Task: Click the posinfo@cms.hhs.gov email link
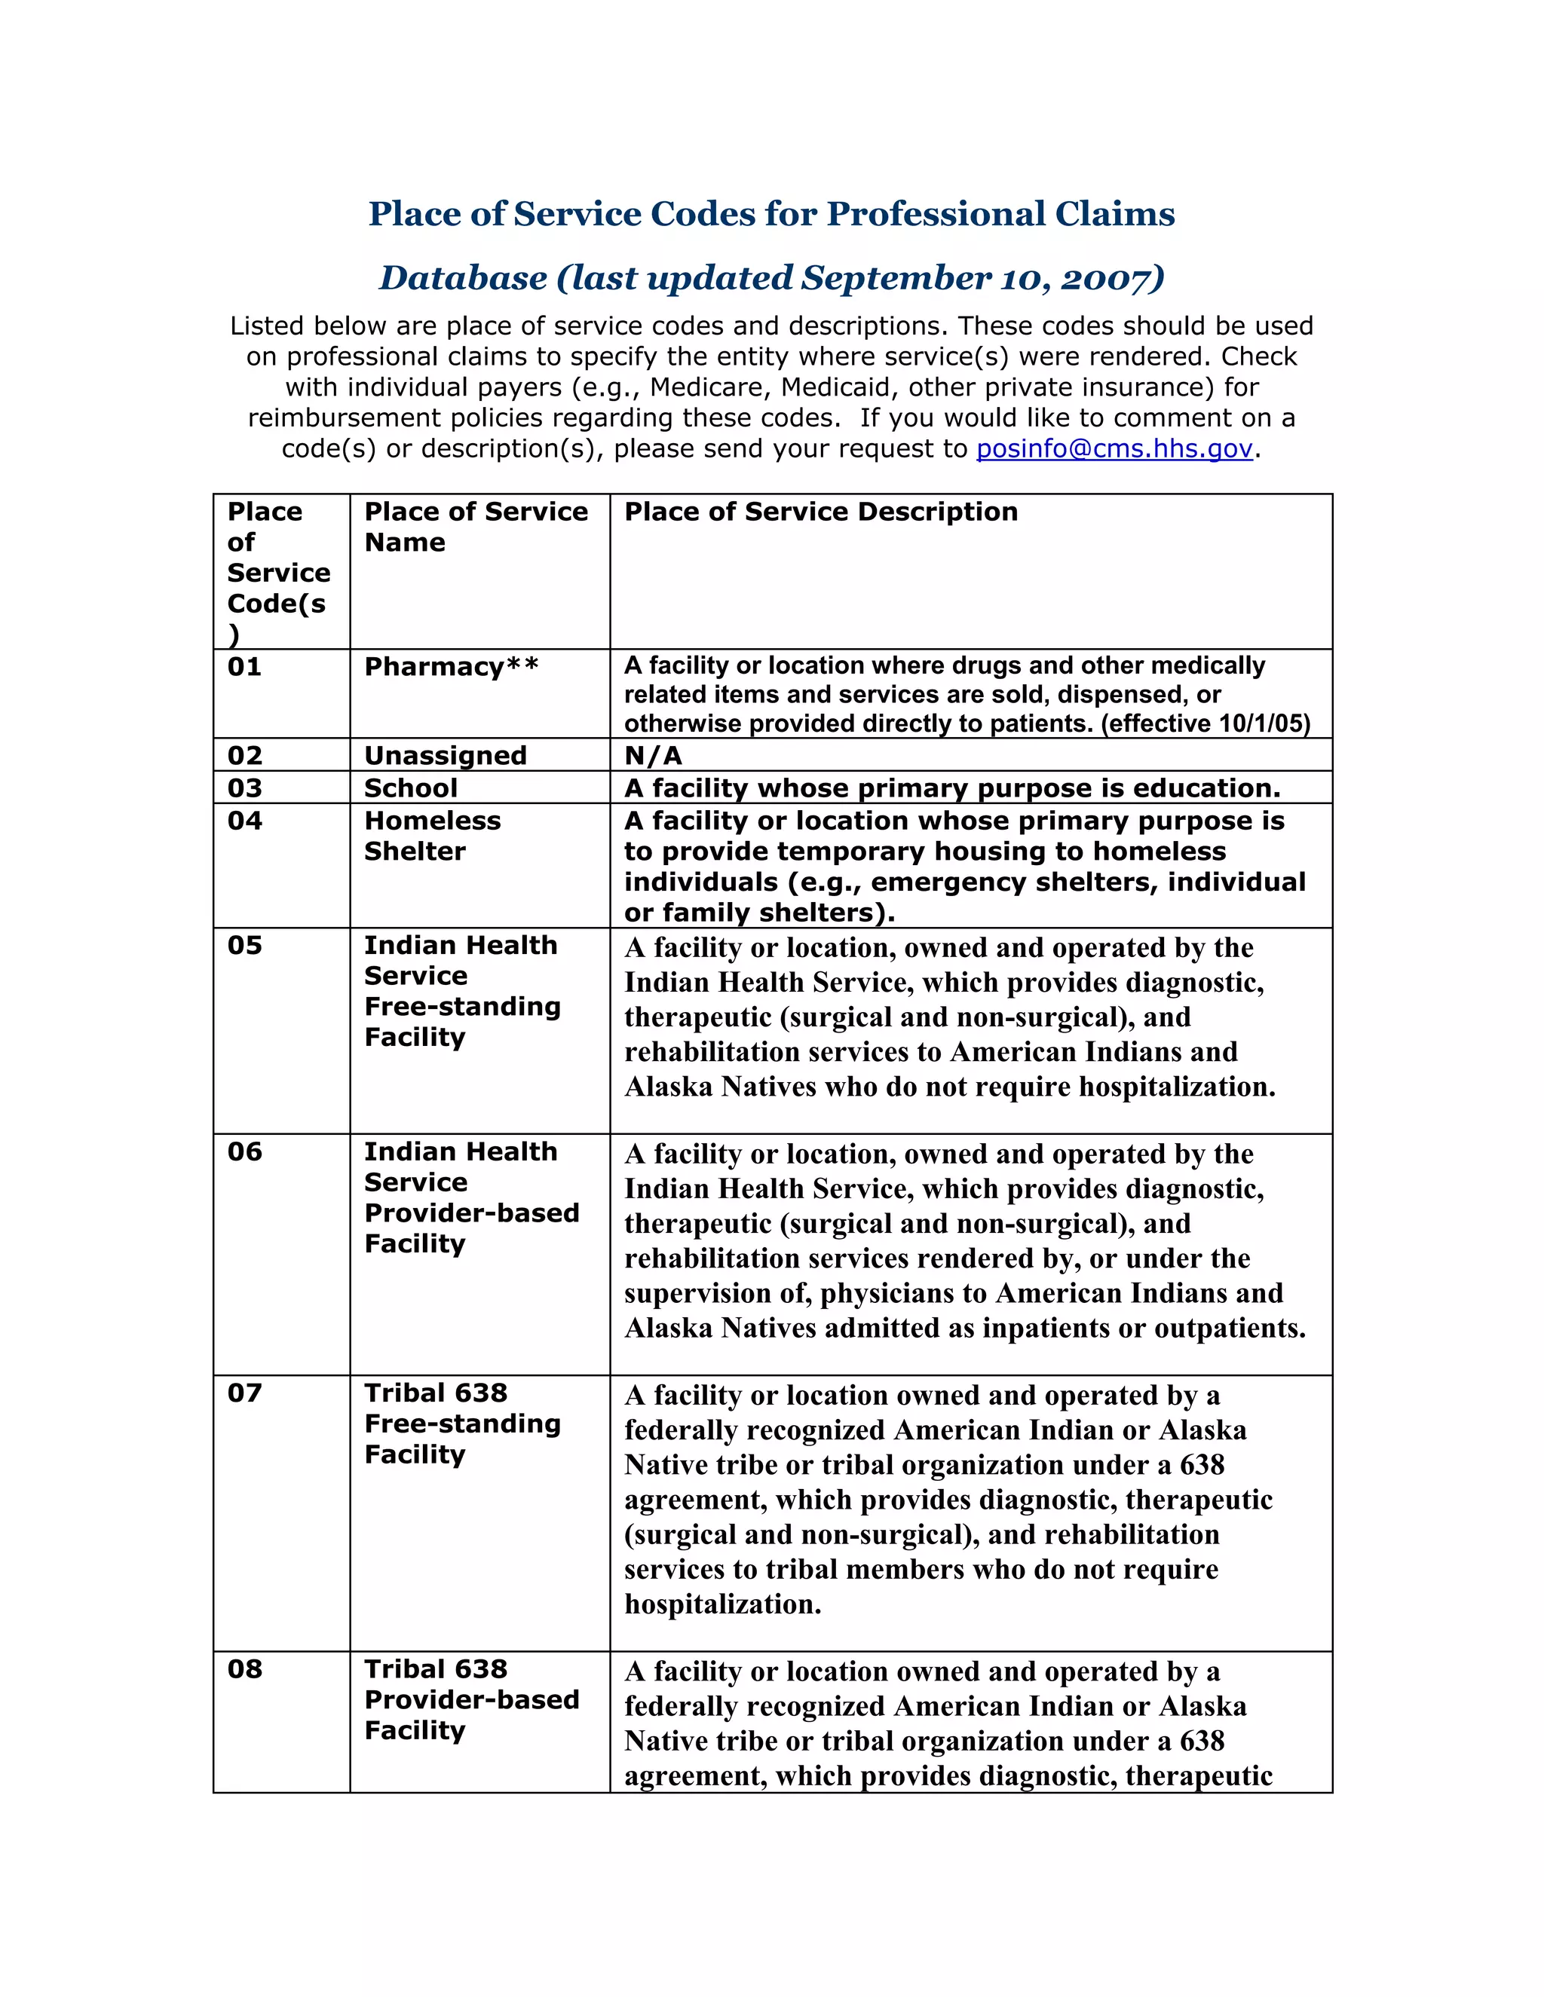coord(1114,449)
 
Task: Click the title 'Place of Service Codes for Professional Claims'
coord(771,214)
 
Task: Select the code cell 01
coord(245,667)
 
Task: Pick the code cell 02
coord(245,755)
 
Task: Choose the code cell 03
coord(245,788)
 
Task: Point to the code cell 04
coord(245,821)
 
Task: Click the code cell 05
coord(245,946)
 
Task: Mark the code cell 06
coord(245,1152)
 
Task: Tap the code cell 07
coord(245,1393)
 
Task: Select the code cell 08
coord(245,1670)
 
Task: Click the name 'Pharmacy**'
coord(451,667)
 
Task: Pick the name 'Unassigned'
coord(446,755)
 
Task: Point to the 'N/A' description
coord(653,755)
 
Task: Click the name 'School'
coord(411,788)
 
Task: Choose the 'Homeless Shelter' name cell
coord(432,836)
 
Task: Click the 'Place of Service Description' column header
coord(820,511)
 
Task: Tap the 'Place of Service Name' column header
coord(476,527)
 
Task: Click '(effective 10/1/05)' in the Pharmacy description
coord(1205,724)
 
